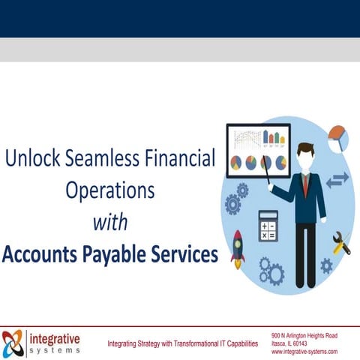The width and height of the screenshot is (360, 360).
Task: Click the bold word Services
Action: point(183,253)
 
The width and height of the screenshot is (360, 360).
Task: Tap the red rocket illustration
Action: point(238,249)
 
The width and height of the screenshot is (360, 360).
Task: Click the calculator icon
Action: point(268,225)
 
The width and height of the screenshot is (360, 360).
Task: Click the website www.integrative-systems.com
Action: point(304,352)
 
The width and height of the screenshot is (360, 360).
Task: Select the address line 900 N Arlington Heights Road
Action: point(304,335)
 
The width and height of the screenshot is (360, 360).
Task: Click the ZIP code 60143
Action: point(308,343)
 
